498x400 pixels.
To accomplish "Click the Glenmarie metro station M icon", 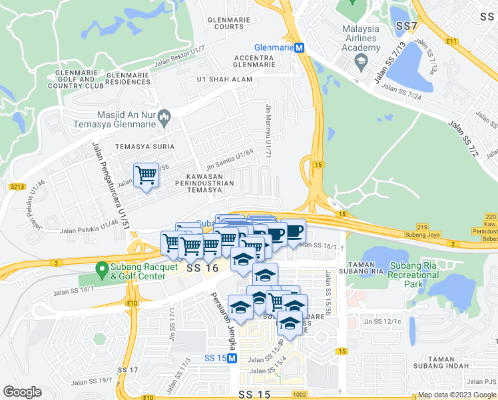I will click(300, 48).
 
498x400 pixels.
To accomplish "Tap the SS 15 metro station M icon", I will click(232, 358).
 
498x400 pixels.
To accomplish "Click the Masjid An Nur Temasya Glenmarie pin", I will click(166, 119).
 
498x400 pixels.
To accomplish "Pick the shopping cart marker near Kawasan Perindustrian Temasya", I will click(146, 176).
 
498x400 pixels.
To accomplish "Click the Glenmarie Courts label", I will click(225, 23).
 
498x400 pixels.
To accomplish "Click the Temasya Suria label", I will click(144, 146).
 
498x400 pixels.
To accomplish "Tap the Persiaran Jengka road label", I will click(222, 312).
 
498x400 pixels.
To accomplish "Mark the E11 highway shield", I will click(453, 41).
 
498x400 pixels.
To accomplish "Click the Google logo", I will click(22, 392).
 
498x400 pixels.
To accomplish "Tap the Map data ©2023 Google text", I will click(456, 395).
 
